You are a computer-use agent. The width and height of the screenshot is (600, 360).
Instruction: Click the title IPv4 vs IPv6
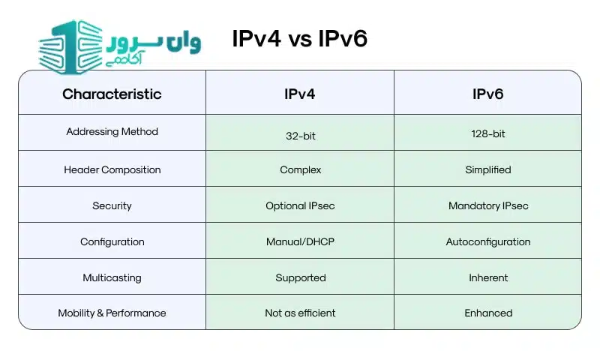point(300,39)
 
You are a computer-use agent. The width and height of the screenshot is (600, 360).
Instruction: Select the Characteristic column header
point(112,94)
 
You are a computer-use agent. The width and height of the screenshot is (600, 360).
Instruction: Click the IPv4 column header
point(300,94)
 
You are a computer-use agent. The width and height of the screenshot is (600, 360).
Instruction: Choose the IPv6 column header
point(487,94)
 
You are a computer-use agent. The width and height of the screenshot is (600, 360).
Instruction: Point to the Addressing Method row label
point(112,132)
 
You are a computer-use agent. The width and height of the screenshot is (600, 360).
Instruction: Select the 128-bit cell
point(487,133)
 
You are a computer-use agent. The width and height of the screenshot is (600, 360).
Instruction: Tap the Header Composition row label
point(112,169)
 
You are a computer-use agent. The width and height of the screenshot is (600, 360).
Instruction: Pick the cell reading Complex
point(300,169)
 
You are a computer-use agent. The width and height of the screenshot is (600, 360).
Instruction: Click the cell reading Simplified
point(487,169)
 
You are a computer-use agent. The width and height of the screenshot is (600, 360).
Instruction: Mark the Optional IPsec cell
point(300,205)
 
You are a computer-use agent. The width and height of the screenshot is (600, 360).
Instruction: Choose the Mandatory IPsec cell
point(487,205)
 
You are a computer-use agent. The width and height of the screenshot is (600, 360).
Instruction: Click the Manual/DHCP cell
point(300,241)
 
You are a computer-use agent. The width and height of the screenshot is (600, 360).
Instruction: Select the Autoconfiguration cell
point(487,241)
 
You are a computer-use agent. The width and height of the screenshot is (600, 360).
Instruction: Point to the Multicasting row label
point(112,277)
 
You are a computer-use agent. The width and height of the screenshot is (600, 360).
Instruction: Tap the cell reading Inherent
point(487,277)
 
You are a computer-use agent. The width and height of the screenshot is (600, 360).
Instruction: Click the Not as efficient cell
point(300,313)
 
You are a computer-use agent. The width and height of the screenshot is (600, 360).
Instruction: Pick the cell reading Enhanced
point(487,313)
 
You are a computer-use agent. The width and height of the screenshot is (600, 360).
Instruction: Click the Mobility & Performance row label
point(112,313)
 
